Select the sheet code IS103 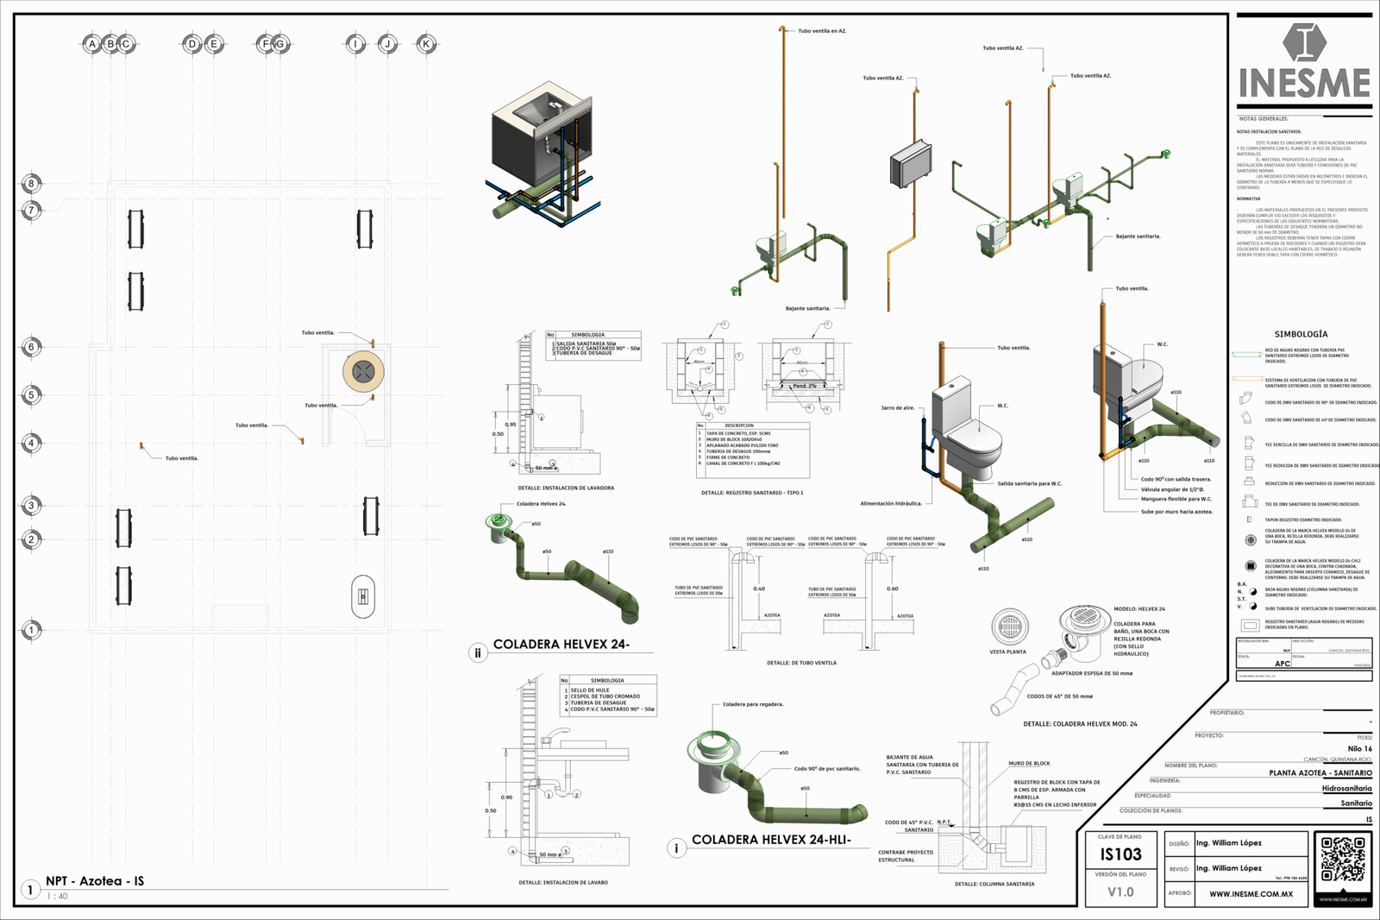point(1120,854)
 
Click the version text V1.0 point(1120,892)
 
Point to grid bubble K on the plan point(425,44)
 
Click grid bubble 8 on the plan point(31,183)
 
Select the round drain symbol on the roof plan point(363,371)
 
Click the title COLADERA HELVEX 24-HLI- point(771,840)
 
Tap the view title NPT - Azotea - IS point(95,881)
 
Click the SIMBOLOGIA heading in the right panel point(1301,334)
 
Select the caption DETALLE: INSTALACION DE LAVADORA point(567,488)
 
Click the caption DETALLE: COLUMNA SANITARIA point(994,884)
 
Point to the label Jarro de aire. point(897,407)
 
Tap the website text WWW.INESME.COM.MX point(1251,894)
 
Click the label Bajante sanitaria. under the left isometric point(807,308)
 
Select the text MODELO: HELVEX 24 point(1138,608)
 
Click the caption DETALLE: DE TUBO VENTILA point(801,663)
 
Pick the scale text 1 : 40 point(57,896)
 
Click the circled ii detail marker point(478,653)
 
